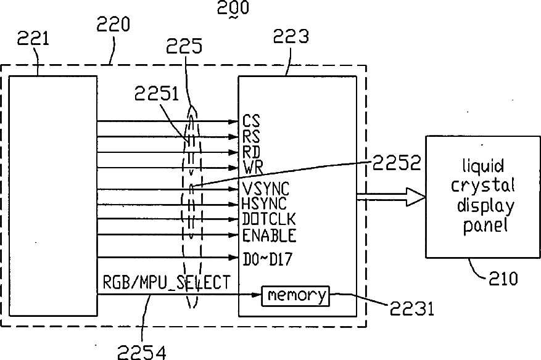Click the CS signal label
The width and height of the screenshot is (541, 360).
click(x=251, y=121)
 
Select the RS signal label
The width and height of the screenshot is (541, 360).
click(x=251, y=137)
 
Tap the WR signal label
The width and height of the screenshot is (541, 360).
click(x=253, y=168)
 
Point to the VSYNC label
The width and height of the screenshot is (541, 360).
click(x=266, y=189)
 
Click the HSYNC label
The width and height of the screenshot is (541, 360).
click(x=264, y=203)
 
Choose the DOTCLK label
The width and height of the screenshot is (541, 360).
click(x=269, y=219)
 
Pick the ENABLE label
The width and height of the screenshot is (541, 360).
click(x=269, y=235)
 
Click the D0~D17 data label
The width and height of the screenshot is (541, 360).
click(x=267, y=260)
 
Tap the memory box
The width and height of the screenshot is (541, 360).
click(x=295, y=296)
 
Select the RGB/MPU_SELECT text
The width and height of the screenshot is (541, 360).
click(x=167, y=282)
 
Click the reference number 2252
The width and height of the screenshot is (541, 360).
click(x=397, y=163)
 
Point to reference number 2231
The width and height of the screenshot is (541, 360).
click(x=411, y=308)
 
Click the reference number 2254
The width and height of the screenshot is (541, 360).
click(x=142, y=352)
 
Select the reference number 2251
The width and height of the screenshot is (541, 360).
click(x=156, y=94)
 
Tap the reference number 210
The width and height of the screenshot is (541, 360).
click(x=503, y=278)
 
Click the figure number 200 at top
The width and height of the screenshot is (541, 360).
click(x=233, y=7)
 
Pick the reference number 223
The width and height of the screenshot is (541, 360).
click(x=291, y=36)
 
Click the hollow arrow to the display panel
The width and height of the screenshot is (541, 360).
click(x=391, y=197)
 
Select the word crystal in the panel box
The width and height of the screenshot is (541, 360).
click(x=482, y=186)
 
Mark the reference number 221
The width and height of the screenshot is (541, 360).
click(x=33, y=38)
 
